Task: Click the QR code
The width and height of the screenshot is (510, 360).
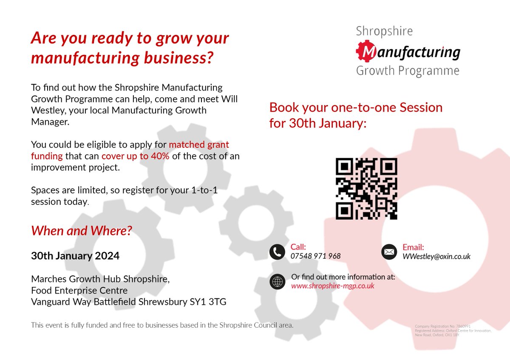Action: [366, 189]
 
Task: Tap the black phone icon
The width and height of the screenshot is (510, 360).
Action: [277, 252]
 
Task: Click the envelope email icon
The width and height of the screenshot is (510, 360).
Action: [388, 252]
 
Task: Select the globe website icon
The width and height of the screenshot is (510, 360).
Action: [277, 281]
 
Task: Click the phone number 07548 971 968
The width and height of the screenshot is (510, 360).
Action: [315, 256]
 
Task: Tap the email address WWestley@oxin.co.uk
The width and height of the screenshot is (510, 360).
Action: [436, 256]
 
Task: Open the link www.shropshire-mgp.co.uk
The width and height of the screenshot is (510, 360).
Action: [333, 286]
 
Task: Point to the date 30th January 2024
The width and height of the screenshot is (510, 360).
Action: [75, 256]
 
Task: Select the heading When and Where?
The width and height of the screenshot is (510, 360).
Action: [82, 231]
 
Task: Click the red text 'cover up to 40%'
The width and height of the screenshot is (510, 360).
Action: [135, 156]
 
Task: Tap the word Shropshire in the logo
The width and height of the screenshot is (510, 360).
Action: [384, 31]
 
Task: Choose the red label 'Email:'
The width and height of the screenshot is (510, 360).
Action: [413, 247]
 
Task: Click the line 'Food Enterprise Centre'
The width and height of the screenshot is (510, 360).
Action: [79, 291]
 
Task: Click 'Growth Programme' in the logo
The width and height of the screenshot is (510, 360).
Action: [408, 70]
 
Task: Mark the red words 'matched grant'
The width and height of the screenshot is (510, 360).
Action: [199, 145]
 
